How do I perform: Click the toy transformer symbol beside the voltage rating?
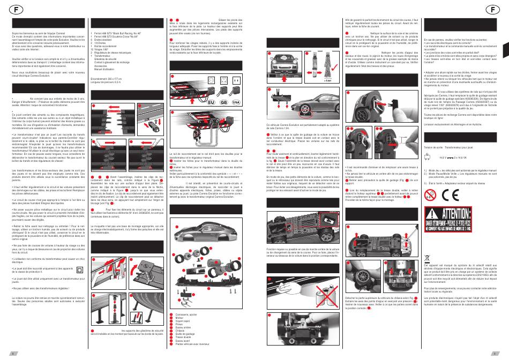429,157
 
